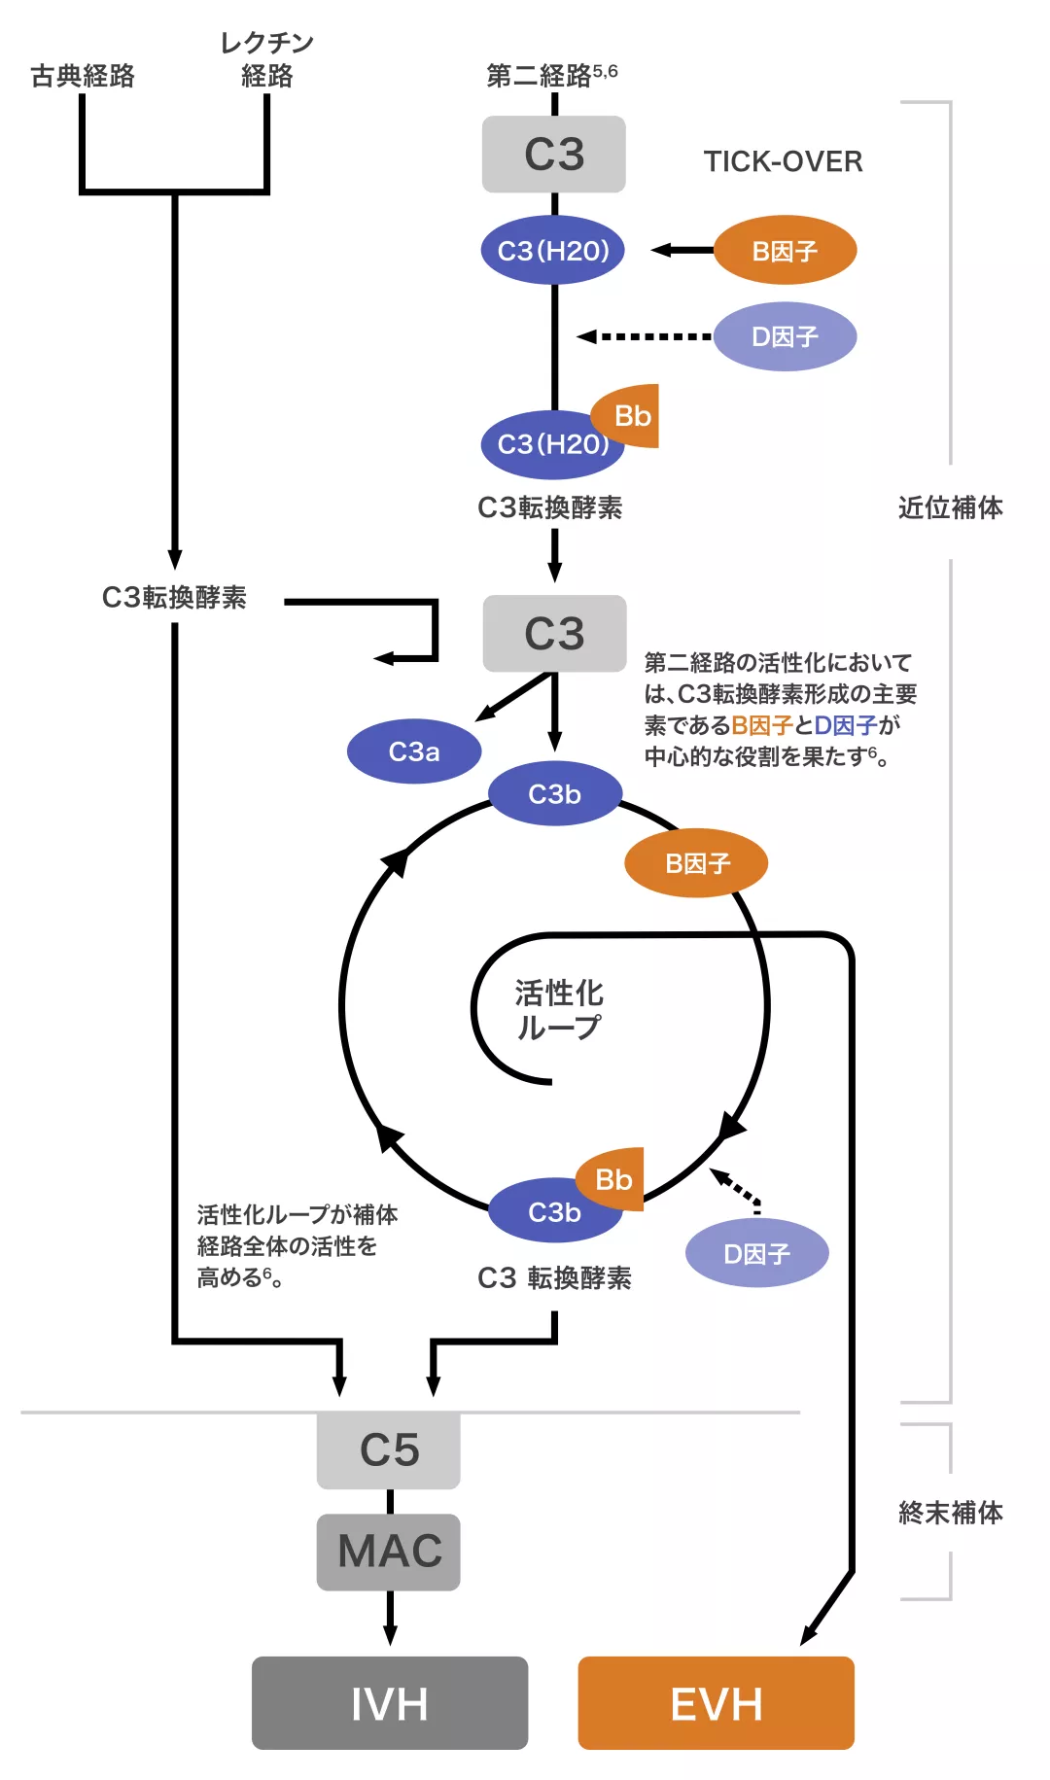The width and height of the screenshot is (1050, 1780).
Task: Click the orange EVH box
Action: coord(716,1702)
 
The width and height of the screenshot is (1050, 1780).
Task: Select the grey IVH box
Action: coord(389,1702)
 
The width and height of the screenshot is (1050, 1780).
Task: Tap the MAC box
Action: coord(389,1552)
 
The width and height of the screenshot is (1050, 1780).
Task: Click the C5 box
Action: coord(389,1449)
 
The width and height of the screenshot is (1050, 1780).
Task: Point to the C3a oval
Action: coord(414,751)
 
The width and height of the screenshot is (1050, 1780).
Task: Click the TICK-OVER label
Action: coord(783,161)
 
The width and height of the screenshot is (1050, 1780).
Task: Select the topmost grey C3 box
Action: coord(554,155)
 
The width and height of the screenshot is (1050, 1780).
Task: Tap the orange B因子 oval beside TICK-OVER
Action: coord(785,251)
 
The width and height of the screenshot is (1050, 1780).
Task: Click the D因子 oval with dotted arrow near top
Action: coord(785,336)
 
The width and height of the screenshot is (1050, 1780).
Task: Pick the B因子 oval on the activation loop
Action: coord(696,863)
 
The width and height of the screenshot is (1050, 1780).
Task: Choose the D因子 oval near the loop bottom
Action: coord(756,1254)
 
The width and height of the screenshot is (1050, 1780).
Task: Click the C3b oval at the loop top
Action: coord(554,794)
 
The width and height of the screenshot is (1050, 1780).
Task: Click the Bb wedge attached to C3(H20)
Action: coord(632,416)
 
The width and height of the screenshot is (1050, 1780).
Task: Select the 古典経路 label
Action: coord(83,76)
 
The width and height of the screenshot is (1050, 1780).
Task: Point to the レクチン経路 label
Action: coord(266,59)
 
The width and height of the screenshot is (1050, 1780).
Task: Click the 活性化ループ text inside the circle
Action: coord(559,1010)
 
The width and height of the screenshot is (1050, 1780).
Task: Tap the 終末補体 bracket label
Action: coord(950,1513)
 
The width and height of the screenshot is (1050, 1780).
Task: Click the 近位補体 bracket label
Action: coord(950,507)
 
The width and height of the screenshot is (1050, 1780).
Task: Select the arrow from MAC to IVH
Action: coord(390,1618)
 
